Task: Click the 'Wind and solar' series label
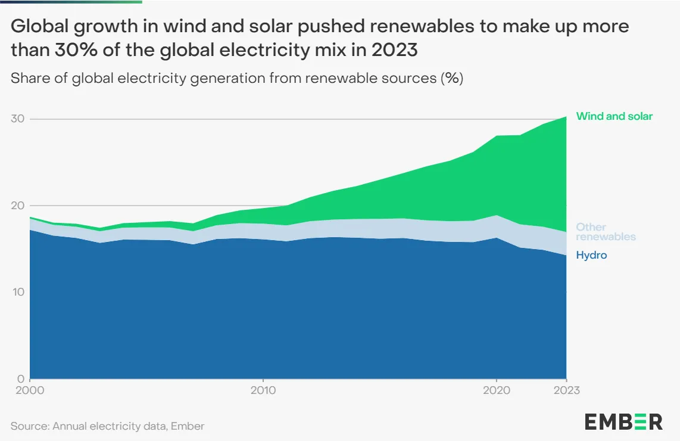click(614, 116)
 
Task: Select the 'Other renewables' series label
click(606, 232)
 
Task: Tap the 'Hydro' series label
click(591, 255)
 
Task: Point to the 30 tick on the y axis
click(17, 119)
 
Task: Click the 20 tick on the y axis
click(17, 206)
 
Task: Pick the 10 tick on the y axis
click(17, 292)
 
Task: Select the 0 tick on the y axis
click(20, 378)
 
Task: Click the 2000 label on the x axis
click(30, 390)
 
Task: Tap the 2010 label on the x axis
click(263, 390)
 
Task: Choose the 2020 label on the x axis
click(496, 390)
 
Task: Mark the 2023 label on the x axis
click(566, 390)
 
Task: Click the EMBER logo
click(623, 421)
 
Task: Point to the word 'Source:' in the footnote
click(30, 426)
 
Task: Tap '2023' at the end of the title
click(394, 50)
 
